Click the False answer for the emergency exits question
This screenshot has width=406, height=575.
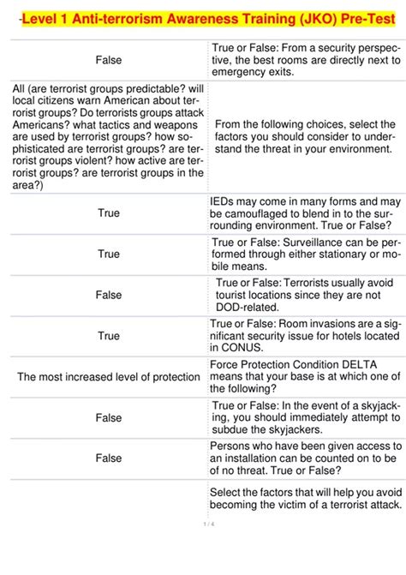click(x=109, y=60)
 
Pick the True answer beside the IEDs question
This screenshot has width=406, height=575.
click(x=109, y=213)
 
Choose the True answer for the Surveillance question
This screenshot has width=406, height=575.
click(x=109, y=254)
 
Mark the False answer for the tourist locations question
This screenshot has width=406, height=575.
click(x=109, y=295)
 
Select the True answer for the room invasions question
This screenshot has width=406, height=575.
click(x=109, y=336)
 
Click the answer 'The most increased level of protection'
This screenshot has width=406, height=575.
click(x=109, y=377)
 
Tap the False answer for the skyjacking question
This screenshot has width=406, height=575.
click(x=109, y=417)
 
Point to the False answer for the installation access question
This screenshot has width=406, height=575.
click(x=109, y=458)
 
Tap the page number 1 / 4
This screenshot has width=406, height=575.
click(x=208, y=524)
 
